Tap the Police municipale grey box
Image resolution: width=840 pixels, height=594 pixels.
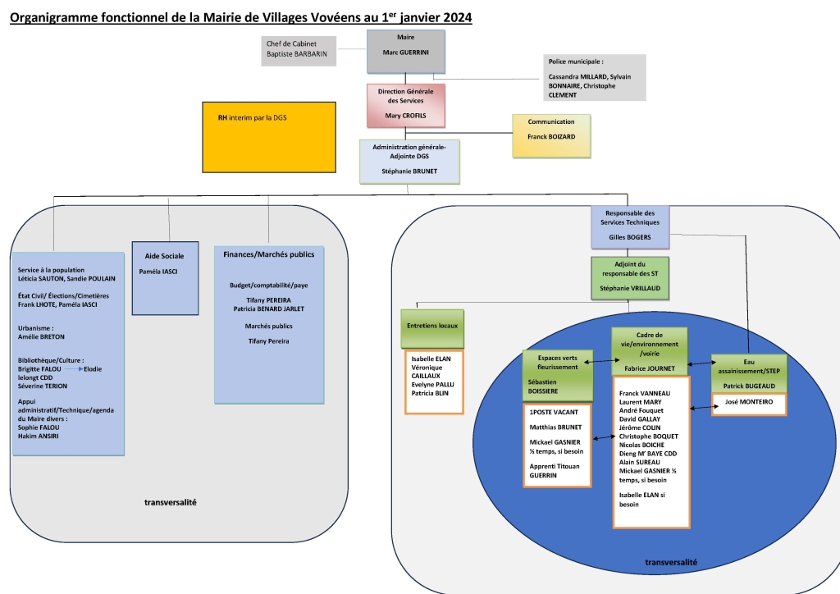click(594, 78)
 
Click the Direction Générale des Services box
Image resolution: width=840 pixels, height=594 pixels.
click(406, 104)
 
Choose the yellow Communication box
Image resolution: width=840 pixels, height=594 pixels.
click(551, 135)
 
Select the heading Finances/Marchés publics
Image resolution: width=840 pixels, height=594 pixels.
click(269, 254)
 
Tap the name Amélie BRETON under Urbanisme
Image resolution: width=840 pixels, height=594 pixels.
click(41, 337)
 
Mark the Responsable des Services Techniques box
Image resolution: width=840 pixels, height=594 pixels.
click(629, 226)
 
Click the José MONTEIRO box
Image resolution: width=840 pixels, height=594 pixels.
click(750, 404)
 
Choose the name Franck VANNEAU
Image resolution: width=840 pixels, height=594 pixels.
click(646, 394)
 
